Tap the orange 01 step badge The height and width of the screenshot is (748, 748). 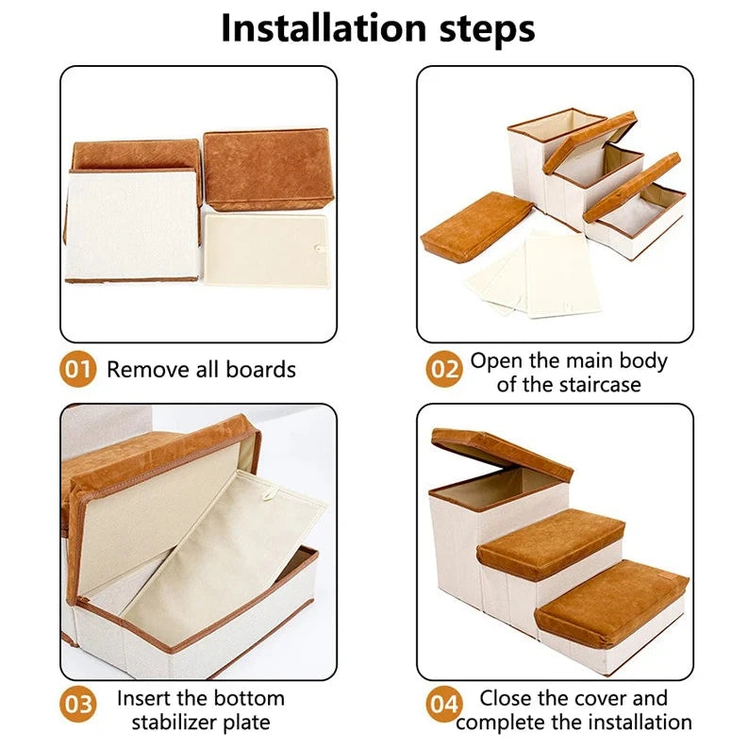point(78,369)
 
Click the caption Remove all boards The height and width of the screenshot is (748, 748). point(201,369)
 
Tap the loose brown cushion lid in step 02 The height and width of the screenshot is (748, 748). point(476,225)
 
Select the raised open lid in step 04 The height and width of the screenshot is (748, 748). point(501,452)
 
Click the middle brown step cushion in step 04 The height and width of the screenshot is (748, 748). point(552,542)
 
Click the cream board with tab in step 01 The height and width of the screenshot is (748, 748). point(267,249)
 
